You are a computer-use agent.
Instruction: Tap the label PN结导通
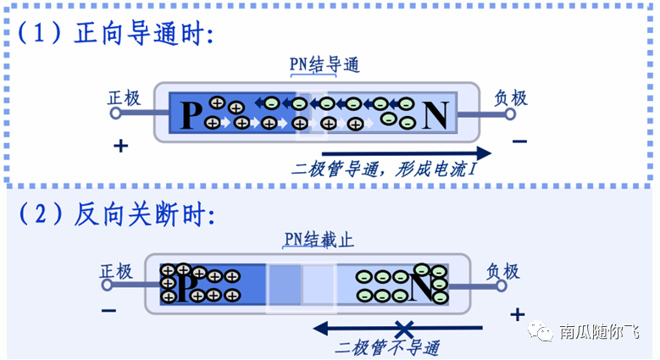pyautogui.click(x=324, y=65)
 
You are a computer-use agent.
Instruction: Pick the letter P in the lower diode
pyautogui.click(x=186, y=286)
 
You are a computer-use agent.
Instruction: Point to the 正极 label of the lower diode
pyautogui.click(x=116, y=271)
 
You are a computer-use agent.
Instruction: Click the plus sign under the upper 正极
pyautogui.click(x=120, y=146)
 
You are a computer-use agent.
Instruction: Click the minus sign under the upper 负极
pyautogui.click(x=519, y=141)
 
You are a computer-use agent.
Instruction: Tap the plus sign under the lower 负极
pyautogui.click(x=517, y=315)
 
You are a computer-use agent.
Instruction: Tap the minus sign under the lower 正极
pyautogui.click(x=108, y=311)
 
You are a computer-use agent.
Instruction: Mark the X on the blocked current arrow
pyautogui.click(x=405, y=328)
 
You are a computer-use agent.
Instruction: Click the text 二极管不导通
pyautogui.click(x=387, y=347)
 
